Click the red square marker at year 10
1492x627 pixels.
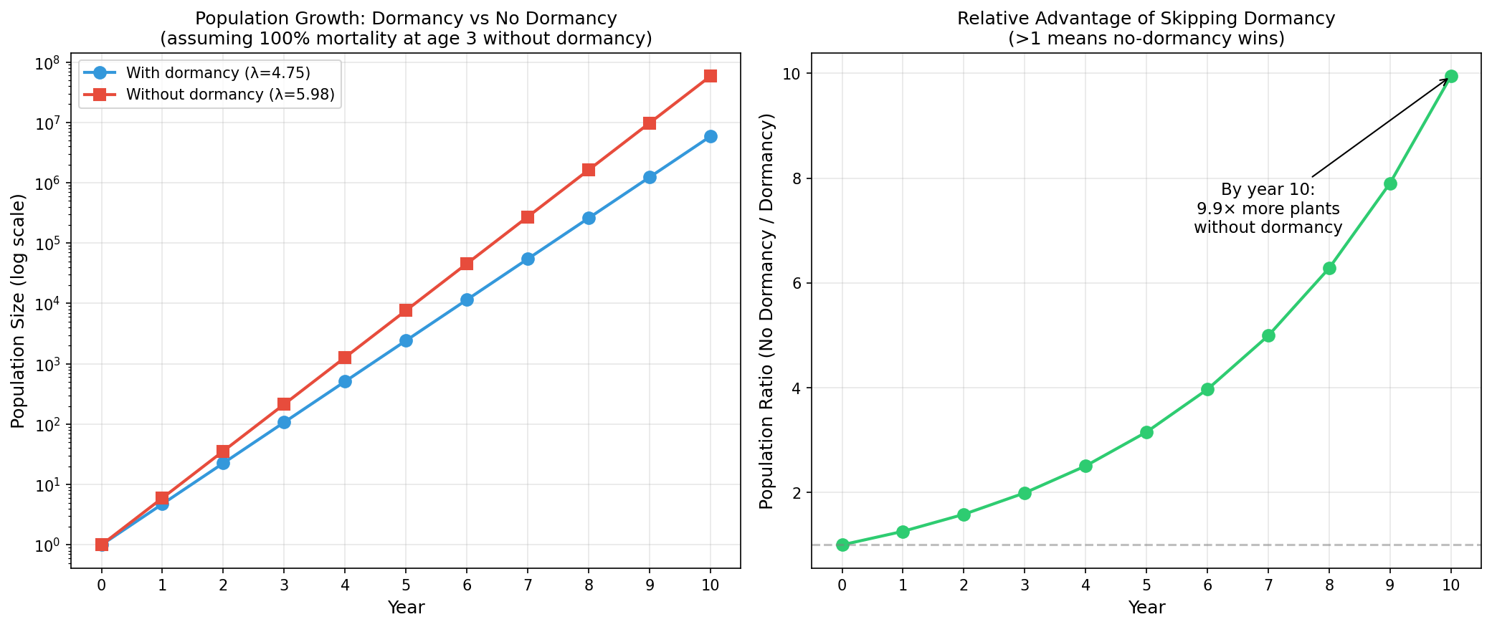click(710, 76)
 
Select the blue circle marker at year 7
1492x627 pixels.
click(528, 259)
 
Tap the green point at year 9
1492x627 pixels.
click(1390, 183)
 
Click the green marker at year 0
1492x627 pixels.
click(842, 545)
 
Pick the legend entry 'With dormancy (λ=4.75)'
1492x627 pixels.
click(218, 73)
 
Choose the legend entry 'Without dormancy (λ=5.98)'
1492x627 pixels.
click(230, 95)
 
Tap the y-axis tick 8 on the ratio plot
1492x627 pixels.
click(796, 178)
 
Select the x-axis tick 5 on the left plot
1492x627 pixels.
click(406, 585)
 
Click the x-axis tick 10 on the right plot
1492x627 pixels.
click(1450, 585)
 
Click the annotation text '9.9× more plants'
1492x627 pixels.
click(1268, 209)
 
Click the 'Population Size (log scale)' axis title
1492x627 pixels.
click(19, 311)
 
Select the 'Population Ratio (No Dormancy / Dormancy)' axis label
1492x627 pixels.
click(766, 311)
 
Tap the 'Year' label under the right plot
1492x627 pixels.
click(1146, 608)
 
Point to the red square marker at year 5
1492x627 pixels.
click(406, 310)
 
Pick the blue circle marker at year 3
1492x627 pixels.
click(284, 422)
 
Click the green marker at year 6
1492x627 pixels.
click(1207, 389)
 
